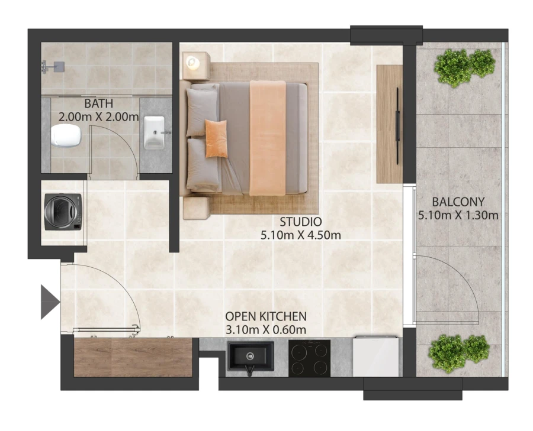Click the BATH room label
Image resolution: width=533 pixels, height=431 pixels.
click(x=98, y=103)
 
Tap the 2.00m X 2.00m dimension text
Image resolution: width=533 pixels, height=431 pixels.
click(x=98, y=117)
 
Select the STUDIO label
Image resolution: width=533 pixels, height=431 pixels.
click(x=300, y=222)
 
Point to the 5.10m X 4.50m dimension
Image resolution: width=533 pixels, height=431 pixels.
click(x=300, y=235)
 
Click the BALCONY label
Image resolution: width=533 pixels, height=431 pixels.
click(x=458, y=202)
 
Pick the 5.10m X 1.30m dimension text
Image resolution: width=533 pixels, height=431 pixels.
click(x=458, y=215)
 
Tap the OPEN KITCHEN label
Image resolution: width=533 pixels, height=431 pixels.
click(x=266, y=316)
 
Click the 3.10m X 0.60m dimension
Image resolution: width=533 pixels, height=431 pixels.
click(x=266, y=329)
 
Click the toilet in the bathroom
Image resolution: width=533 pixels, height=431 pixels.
click(x=66, y=135)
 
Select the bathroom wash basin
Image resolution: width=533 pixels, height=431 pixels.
click(x=155, y=132)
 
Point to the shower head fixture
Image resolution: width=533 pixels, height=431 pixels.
click(x=53, y=66)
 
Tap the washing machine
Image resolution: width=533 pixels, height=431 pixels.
click(x=63, y=212)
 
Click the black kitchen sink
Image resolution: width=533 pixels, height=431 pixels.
click(x=251, y=357)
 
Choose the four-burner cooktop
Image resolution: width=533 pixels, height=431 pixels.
click(x=309, y=358)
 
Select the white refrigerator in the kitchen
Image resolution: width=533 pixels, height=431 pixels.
click(x=375, y=356)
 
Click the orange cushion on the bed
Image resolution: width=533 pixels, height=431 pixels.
click(x=216, y=138)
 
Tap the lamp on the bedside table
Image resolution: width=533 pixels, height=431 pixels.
click(x=192, y=62)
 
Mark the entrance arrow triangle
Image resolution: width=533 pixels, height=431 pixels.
click(x=50, y=302)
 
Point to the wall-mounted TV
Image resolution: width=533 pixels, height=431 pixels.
click(x=397, y=125)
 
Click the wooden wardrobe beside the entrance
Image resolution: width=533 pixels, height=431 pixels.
click(x=133, y=357)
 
